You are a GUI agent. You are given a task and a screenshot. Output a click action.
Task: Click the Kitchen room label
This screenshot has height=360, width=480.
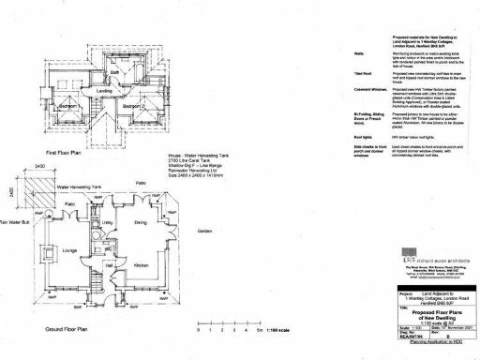click(x=141, y=266)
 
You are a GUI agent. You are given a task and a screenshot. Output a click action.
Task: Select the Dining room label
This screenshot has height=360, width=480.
click(x=140, y=222)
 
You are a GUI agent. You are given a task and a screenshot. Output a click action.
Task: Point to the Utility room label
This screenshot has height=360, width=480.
click(x=108, y=222)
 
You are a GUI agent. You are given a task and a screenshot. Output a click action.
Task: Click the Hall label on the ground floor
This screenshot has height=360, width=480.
click(x=108, y=266)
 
